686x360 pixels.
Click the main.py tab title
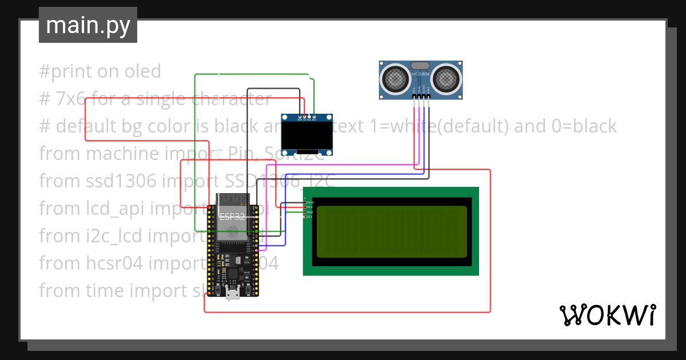[87, 26]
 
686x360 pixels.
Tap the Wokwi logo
[607, 315]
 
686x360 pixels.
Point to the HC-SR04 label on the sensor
[420, 75]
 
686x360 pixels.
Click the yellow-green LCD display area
[392, 230]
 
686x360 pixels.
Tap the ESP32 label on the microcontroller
[232, 217]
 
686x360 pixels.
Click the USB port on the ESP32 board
[233, 293]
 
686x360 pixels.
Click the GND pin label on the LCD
[310, 202]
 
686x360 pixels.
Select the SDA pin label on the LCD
[310, 212]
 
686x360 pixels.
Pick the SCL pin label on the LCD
[310, 217]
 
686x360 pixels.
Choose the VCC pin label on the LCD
[310, 207]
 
